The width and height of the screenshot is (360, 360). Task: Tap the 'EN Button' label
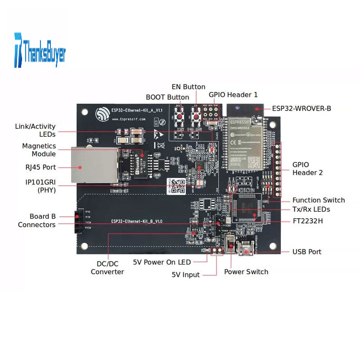point(189,87)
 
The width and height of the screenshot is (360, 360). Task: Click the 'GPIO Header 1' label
point(233,94)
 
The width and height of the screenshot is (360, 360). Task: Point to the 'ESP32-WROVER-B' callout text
point(301,108)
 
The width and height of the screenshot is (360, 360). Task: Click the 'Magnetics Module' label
point(39,150)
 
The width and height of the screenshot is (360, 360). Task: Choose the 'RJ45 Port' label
point(41,167)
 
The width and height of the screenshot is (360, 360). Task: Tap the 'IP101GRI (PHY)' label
point(41,186)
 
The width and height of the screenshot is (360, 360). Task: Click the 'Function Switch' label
point(319,200)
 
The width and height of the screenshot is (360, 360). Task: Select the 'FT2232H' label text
point(307,221)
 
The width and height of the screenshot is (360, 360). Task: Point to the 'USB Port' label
point(307,252)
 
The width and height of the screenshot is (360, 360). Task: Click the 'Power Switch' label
point(246,272)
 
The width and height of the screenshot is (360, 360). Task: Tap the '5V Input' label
point(185,274)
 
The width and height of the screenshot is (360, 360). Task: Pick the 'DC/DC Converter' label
point(108,268)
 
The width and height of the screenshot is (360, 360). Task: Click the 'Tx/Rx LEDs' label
point(311,209)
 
